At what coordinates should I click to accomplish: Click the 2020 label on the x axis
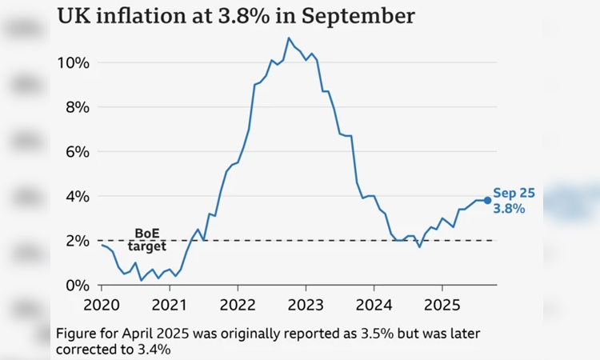[x=102, y=306]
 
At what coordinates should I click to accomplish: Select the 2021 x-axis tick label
[x=170, y=306]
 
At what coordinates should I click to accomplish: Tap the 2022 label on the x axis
[x=238, y=306]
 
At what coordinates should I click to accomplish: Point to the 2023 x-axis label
[x=306, y=306]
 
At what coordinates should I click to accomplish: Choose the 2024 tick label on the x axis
[x=374, y=306]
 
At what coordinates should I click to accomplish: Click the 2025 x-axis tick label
[x=442, y=306]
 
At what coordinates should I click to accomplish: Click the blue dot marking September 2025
[x=487, y=200]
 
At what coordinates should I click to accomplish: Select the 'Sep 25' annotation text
[x=514, y=193]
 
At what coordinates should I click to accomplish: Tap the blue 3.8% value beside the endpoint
[x=509, y=209]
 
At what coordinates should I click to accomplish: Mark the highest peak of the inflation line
[x=289, y=38]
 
